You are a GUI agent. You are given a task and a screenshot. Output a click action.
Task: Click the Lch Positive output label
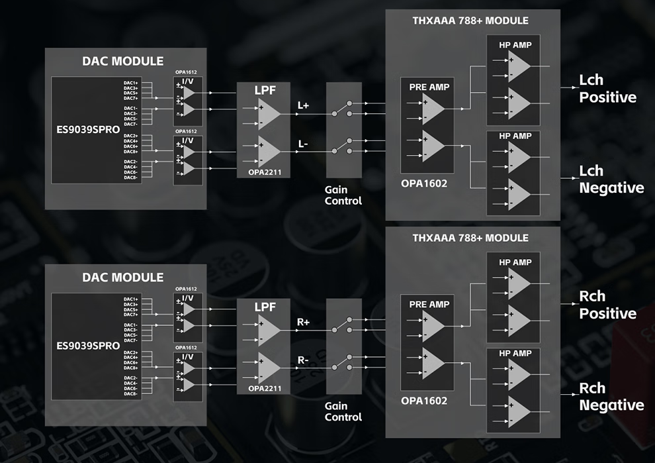607,88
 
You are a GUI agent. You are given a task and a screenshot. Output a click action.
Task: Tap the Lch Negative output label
611,180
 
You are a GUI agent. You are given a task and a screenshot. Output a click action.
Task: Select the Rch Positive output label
607,305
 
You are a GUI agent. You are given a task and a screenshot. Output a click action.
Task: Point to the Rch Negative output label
611,396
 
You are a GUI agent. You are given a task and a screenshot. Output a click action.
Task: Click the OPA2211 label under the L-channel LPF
259,173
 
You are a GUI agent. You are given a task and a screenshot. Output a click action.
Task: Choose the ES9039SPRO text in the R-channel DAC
88,346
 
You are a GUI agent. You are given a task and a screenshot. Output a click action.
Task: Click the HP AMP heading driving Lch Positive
515,44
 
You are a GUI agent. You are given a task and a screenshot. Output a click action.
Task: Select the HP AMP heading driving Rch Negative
515,354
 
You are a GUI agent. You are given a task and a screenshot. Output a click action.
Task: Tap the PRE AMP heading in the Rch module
429,304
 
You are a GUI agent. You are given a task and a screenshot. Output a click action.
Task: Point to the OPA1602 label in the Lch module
424,183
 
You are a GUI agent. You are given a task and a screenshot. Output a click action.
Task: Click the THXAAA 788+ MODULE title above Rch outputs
470,238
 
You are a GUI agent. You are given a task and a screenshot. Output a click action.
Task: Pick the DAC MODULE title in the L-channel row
122,61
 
